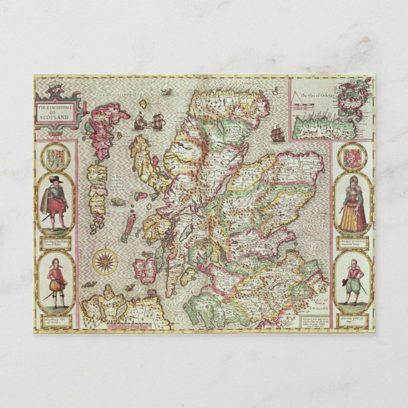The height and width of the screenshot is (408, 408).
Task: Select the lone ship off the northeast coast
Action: click(x=277, y=134)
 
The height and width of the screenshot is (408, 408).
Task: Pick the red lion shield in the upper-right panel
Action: click(x=352, y=156)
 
